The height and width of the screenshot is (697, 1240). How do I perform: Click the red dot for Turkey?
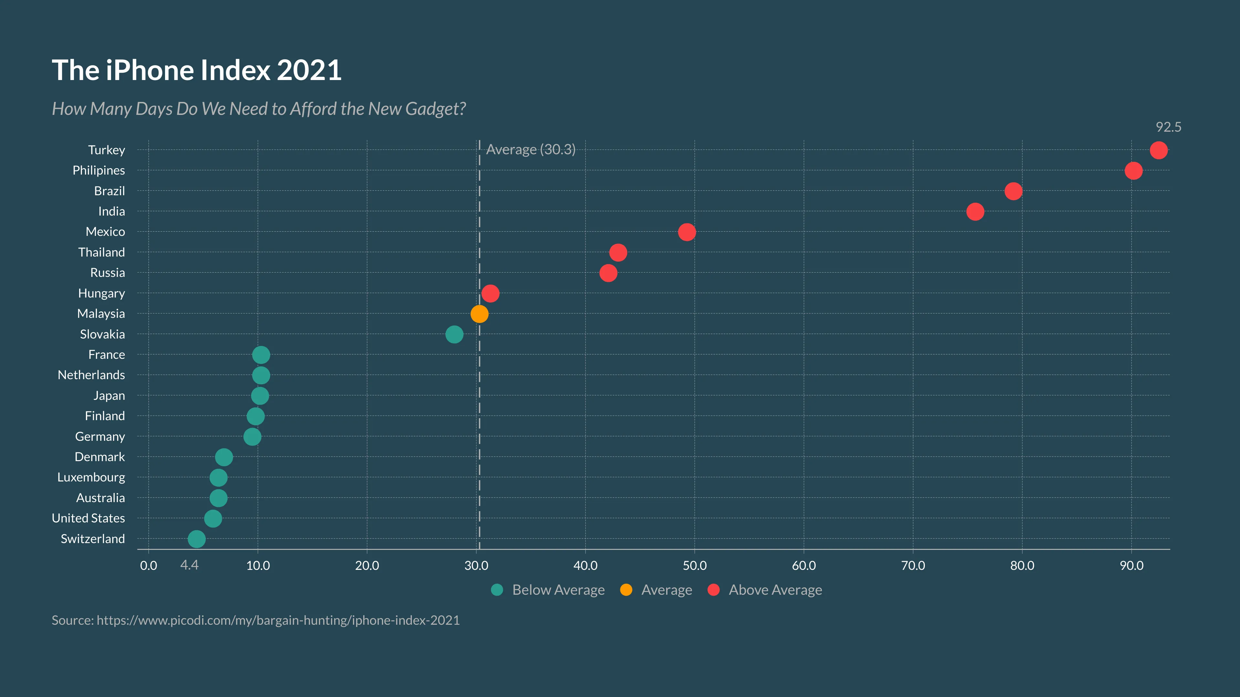[1158, 150]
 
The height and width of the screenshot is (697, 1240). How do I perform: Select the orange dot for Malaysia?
[479, 314]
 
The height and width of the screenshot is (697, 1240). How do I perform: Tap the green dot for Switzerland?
[196, 539]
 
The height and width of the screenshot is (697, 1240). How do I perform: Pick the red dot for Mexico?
[687, 232]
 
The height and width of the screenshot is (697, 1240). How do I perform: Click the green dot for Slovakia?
[454, 334]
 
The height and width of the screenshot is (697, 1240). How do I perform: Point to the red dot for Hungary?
[490, 293]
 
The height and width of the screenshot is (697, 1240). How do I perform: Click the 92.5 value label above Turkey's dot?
[1168, 127]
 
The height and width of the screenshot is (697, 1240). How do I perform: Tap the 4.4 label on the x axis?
[189, 565]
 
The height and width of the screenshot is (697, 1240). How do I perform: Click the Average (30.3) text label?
[531, 150]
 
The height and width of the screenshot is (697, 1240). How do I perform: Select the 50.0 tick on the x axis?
[694, 565]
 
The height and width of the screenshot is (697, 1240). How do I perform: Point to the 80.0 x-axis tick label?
[1022, 565]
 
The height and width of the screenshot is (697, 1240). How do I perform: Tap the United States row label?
[88, 518]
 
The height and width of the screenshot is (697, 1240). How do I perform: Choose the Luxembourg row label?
[91, 477]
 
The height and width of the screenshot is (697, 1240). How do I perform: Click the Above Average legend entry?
[775, 590]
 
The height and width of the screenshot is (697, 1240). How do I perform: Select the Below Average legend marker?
[497, 590]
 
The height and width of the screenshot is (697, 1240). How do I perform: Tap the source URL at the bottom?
[278, 620]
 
